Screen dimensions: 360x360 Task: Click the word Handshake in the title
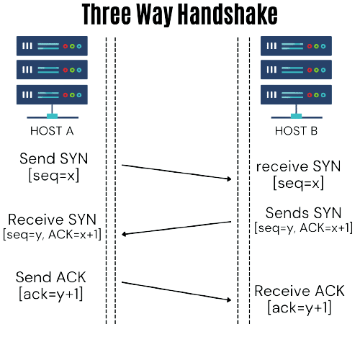228,14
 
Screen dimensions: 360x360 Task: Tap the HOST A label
52,131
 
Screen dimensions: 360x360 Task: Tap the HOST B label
296,131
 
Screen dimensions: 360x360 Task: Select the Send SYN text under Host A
54,158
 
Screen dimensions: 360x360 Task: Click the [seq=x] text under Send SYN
54,176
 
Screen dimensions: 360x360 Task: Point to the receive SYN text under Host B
298,166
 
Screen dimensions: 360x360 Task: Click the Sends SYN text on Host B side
303,213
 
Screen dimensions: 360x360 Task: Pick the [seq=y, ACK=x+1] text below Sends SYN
303,228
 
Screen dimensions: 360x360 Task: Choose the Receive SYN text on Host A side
52,220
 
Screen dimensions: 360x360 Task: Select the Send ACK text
50,277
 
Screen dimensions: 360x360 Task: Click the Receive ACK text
300,291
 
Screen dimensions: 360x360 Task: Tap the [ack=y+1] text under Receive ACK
300,307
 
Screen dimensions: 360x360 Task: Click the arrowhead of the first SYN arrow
229,179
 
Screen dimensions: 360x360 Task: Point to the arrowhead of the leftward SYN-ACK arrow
124,234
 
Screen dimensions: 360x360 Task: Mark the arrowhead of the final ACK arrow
229,300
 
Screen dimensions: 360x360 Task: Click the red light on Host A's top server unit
66,46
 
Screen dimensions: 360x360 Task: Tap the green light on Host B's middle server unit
316,70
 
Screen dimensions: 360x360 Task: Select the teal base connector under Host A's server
52,116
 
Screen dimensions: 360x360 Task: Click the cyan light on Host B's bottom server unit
323,95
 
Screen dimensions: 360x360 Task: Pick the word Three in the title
106,14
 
